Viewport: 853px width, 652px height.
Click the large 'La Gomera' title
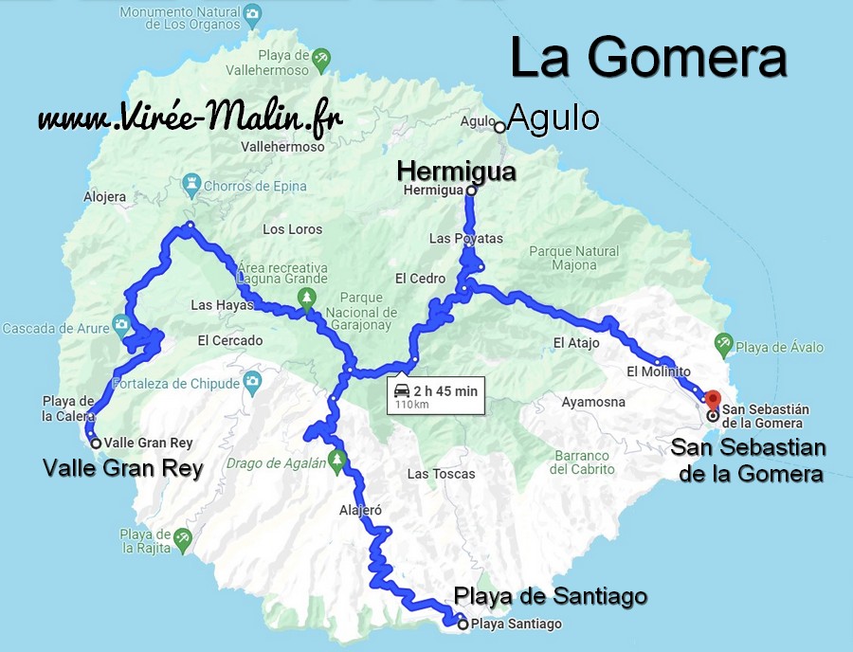click(x=648, y=59)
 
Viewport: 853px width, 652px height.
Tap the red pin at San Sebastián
click(x=714, y=398)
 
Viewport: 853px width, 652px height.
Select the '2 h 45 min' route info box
click(x=435, y=396)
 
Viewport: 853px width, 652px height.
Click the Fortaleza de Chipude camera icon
click(x=251, y=381)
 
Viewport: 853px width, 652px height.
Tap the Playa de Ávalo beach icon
click(x=724, y=342)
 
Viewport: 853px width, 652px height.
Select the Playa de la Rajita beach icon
click(x=183, y=537)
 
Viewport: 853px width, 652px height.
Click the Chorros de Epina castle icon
click(x=195, y=180)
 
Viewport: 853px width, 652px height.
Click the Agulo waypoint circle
click(x=499, y=126)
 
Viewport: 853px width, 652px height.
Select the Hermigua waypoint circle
click(x=470, y=190)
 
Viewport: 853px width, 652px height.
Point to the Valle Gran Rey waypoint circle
click(x=96, y=443)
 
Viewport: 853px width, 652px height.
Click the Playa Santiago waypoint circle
click(x=463, y=625)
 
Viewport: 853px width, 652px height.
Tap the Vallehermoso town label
click(x=282, y=147)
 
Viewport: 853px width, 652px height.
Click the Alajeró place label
click(x=360, y=510)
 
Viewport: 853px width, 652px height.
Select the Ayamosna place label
click(x=593, y=402)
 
